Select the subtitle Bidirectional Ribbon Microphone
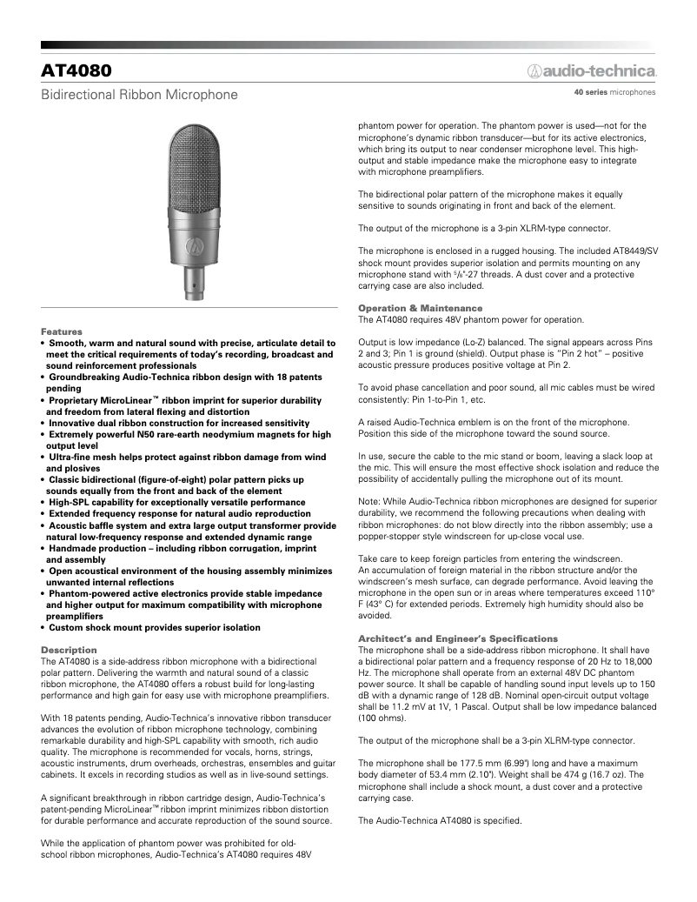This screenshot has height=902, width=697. pos(139,94)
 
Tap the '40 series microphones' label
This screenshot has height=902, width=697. pos(614,91)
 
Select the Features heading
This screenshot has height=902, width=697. pos(62,331)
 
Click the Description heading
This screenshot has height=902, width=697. pos(69,650)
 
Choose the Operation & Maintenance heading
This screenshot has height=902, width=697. pos(420,308)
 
